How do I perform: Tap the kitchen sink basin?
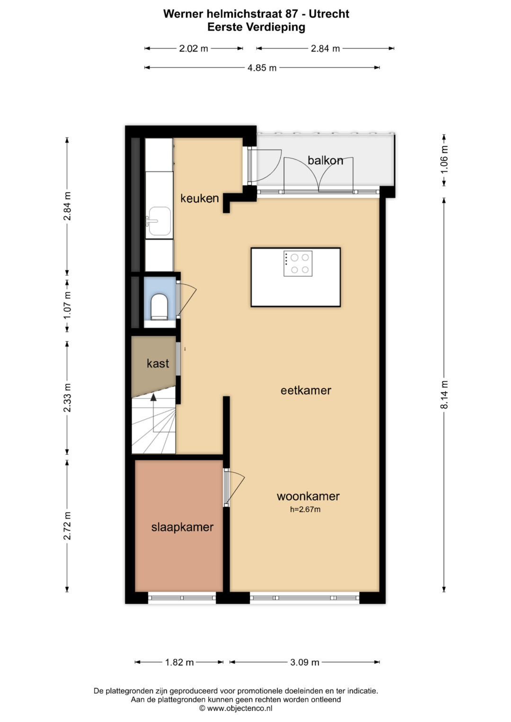pyautogui.click(x=159, y=221)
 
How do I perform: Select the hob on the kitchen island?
pyautogui.click(x=298, y=263)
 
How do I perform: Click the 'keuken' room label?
pyautogui.click(x=199, y=198)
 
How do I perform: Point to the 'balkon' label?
pyautogui.click(x=325, y=160)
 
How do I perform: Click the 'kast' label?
pyautogui.click(x=158, y=363)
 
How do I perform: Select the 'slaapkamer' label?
pyautogui.click(x=182, y=527)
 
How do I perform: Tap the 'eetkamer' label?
pyautogui.click(x=306, y=391)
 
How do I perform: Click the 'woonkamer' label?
pyautogui.click(x=308, y=496)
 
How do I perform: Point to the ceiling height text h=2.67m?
pyautogui.click(x=305, y=509)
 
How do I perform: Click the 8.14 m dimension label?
pyautogui.click(x=444, y=394)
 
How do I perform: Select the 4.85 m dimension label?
pyautogui.click(x=262, y=68)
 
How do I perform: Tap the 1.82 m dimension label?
pyautogui.click(x=179, y=662)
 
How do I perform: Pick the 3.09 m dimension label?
pyautogui.click(x=305, y=662)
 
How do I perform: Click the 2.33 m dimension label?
pyautogui.click(x=67, y=398)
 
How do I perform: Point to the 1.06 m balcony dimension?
pyautogui.click(x=444, y=159)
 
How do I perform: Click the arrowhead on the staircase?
pyautogui.click(x=154, y=398)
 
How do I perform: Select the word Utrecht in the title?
pyautogui.click(x=329, y=14)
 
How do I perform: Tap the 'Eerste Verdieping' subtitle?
pyautogui.click(x=256, y=27)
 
